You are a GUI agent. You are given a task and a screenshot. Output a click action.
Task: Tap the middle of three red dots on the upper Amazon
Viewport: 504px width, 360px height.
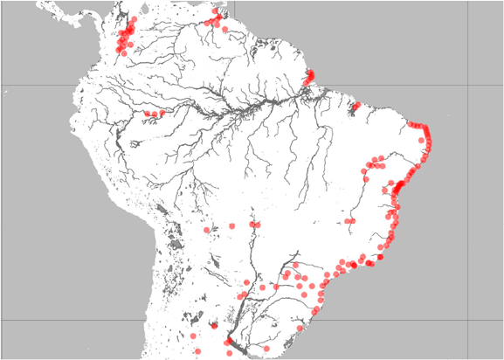[x=155, y=114]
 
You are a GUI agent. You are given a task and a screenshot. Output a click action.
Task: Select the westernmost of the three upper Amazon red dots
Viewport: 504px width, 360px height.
[x=148, y=114]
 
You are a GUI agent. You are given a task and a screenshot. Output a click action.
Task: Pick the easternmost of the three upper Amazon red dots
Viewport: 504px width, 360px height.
[x=162, y=113]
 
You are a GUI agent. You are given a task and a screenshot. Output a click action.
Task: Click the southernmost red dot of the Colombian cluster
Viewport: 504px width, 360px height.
[x=122, y=53]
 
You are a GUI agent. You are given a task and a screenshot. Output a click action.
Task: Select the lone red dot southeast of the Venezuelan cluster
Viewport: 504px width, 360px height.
[x=226, y=31]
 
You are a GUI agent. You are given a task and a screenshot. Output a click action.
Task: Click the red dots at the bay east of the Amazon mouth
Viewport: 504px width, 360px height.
[x=356, y=107]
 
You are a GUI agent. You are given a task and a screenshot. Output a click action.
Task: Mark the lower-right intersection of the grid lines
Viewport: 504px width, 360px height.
[x=468, y=320]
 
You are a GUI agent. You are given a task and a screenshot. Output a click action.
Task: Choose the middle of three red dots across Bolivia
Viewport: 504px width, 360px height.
[x=232, y=225]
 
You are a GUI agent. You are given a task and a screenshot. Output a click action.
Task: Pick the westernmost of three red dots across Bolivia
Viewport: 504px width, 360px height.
[x=207, y=230]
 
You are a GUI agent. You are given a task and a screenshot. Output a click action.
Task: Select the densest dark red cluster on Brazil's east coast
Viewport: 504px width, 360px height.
[x=400, y=186]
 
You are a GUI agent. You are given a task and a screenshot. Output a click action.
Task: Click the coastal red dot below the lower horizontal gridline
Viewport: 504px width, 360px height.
[x=302, y=329]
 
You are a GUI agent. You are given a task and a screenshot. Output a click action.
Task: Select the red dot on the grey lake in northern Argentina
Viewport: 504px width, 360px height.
[x=212, y=327]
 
